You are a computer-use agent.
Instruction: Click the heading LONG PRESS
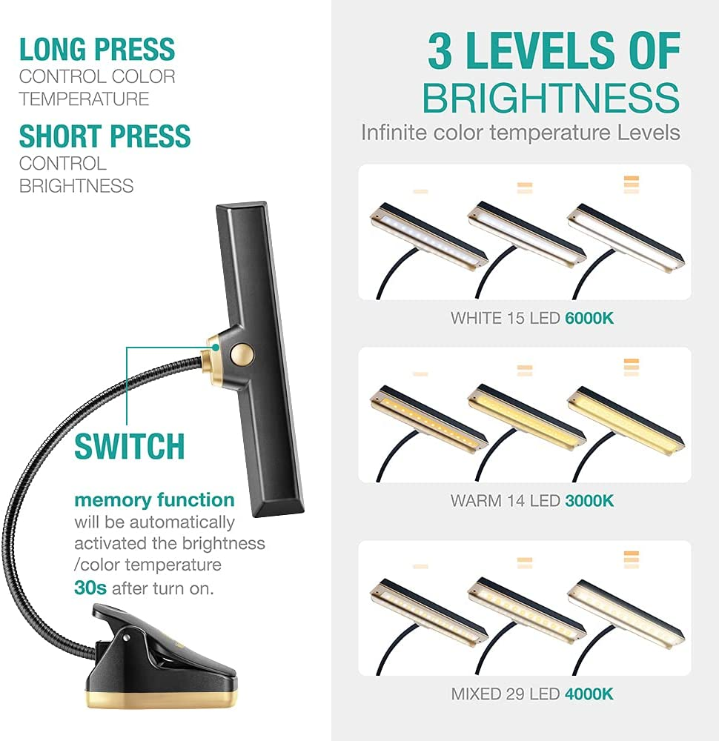click(x=97, y=50)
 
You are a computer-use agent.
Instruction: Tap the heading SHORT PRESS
click(x=105, y=136)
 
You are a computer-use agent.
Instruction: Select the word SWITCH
click(x=130, y=446)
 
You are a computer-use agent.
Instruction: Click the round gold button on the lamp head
click(x=242, y=354)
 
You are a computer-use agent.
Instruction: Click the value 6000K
click(x=589, y=318)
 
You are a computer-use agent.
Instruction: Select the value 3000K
click(x=589, y=500)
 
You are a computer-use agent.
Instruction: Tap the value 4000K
click(x=589, y=694)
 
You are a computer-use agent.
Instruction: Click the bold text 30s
click(x=90, y=588)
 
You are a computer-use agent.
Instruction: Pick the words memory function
click(x=155, y=500)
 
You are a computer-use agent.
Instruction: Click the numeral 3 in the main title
click(x=440, y=51)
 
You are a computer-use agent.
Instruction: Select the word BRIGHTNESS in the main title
click(x=551, y=98)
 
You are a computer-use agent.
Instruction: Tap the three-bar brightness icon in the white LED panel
click(x=632, y=185)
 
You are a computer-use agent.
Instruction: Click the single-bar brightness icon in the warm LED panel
click(x=420, y=373)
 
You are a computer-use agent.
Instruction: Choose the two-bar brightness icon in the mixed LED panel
click(x=525, y=563)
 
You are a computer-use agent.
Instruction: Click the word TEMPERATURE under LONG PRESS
click(x=85, y=99)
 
